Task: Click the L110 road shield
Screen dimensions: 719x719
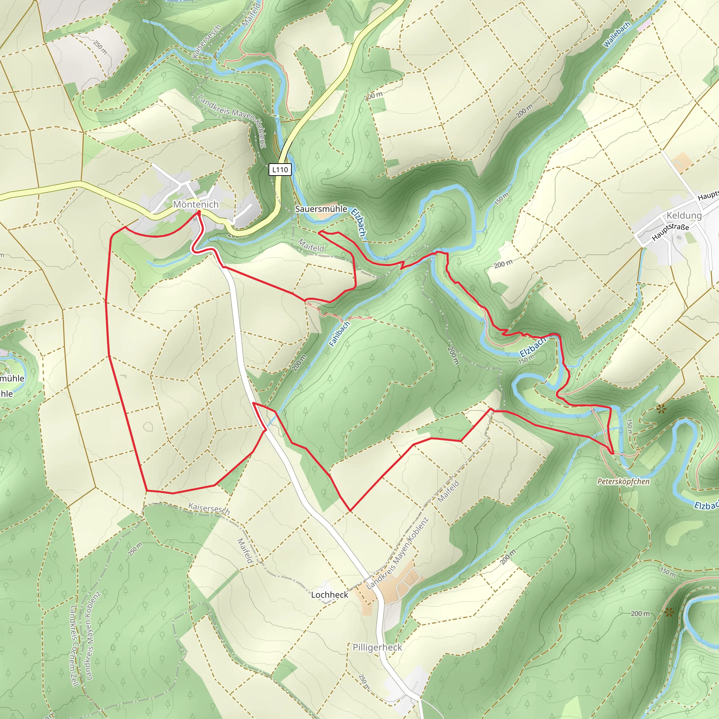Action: pyautogui.click(x=280, y=170)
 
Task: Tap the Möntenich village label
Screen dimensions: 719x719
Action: pyautogui.click(x=196, y=204)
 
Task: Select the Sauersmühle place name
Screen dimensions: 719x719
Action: pyautogui.click(x=321, y=209)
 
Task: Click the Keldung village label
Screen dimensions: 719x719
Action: pyautogui.click(x=684, y=215)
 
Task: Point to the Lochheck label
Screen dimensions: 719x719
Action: pyautogui.click(x=329, y=595)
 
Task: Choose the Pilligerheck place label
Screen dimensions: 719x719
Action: pyautogui.click(x=377, y=647)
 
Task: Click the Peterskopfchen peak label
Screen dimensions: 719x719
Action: pyautogui.click(x=623, y=482)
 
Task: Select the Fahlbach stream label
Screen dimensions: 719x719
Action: pyautogui.click(x=339, y=334)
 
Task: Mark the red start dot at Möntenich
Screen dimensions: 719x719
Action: pyautogui.click(x=199, y=212)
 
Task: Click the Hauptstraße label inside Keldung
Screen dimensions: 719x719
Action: pyautogui.click(x=670, y=231)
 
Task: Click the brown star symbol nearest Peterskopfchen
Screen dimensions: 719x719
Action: pyautogui.click(x=661, y=410)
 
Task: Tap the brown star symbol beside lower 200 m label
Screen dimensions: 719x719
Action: pyautogui.click(x=669, y=612)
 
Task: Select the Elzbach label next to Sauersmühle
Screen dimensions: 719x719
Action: pyautogui.click(x=358, y=222)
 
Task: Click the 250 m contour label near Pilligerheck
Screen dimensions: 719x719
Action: pyautogui.click(x=364, y=681)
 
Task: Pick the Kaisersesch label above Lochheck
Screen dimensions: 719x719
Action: pyautogui.click(x=209, y=508)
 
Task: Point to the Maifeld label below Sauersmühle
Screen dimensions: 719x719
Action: pyautogui.click(x=311, y=246)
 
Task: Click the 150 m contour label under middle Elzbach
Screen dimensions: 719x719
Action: pyautogui.click(x=526, y=359)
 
